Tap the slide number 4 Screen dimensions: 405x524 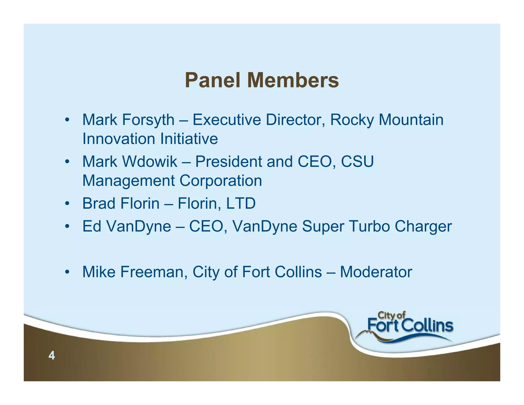[52, 356]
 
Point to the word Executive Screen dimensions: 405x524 [227, 120]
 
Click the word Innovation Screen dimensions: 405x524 [119, 139]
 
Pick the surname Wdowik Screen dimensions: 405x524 [150, 162]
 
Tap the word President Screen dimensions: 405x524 [228, 162]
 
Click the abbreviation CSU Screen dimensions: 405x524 [357, 162]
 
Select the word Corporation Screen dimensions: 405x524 [221, 181]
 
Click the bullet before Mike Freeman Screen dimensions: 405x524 [67, 272]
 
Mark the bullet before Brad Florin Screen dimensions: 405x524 [67, 204]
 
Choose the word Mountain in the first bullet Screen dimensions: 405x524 [411, 120]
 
